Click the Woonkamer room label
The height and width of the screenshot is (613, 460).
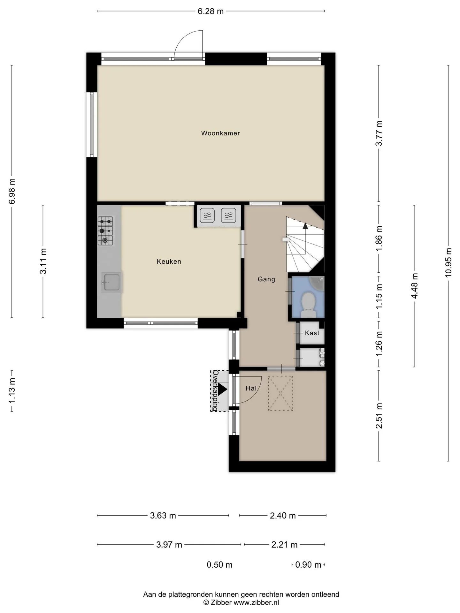220,133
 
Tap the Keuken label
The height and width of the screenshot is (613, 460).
169,261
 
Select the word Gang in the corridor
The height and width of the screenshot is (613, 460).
266,279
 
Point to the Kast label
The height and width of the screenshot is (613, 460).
312,333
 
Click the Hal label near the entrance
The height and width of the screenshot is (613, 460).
251,388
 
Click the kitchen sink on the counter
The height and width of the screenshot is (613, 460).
111,282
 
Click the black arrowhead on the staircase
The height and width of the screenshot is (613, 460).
305,226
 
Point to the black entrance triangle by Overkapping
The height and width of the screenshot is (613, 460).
222,390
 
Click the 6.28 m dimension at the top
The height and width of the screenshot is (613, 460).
211,11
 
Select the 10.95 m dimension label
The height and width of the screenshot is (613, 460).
448,263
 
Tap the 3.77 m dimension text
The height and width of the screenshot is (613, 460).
379,133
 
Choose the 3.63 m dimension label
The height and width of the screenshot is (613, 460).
163,515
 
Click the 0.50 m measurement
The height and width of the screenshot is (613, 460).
219,564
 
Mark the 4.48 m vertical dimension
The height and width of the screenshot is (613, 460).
414,286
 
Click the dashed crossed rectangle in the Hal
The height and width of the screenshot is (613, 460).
280,393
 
